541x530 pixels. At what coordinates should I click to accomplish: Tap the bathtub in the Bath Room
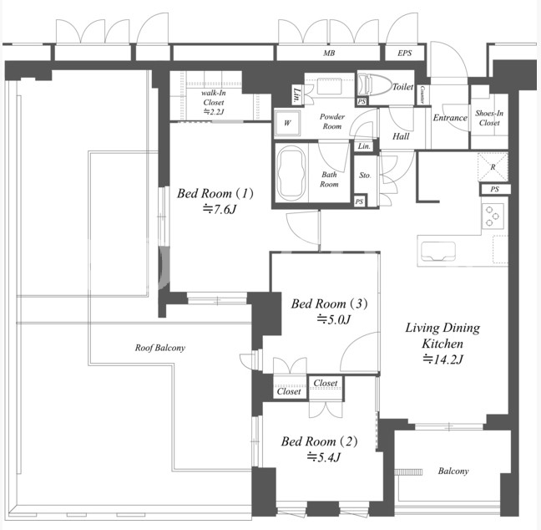pyautogui.click(x=291, y=173)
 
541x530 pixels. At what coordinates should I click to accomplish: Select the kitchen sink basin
pyautogui.click(x=437, y=251)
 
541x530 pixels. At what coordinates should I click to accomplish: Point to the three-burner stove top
pyautogui.click(x=493, y=216)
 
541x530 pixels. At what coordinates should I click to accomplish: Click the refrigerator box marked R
pyautogui.click(x=493, y=167)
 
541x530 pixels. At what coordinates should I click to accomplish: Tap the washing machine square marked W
pyautogui.click(x=287, y=123)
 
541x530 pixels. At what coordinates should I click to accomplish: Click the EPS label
pyautogui.click(x=404, y=54)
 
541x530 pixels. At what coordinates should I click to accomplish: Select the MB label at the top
pyautogui.click(x=329, y=54)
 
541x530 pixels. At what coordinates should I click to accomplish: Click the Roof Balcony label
pyautogui.click(x=160, y=348)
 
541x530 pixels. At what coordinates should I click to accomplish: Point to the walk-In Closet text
pyautogui.click(x=214, y=98)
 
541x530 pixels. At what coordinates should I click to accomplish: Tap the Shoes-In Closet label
pyautogui.click(x=489, y=118)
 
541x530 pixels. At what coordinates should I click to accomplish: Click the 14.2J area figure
pyautogui.click(x=442, y=359)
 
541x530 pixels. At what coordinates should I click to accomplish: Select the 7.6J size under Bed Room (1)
pyautogui.click(x=219, y=209)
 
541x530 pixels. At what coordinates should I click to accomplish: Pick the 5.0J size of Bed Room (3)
pyautogui.click(x=334, y=319)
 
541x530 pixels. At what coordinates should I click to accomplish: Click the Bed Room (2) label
pyautogui.click(x=319, y=441)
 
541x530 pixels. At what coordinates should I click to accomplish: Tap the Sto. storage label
pyautogui.click(x=365, y=176)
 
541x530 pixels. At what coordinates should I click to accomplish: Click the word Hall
pyautogui.click(x=401, y=136)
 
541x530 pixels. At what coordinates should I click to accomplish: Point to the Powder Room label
pyautogui.click(x=331, y=121)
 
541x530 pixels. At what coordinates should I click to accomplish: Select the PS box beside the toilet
pyautogui.click(x=362, y=102)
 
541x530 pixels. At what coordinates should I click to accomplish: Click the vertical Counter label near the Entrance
pyautogui.click(x=422, y=95)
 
